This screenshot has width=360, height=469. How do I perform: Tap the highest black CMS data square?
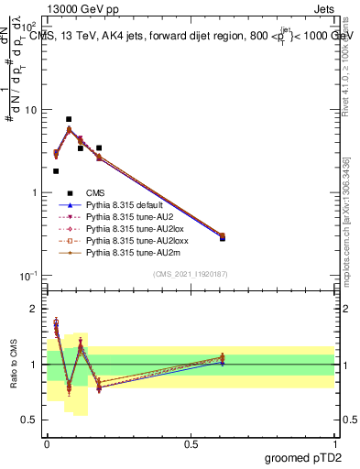click(x=69, y=119)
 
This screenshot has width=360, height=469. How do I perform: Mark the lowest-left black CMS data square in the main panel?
click(x=56, y=171)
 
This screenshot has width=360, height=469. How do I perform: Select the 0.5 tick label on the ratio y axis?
click(x=32, y=420)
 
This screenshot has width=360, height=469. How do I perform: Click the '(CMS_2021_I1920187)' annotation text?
click(x=189, y=275)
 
